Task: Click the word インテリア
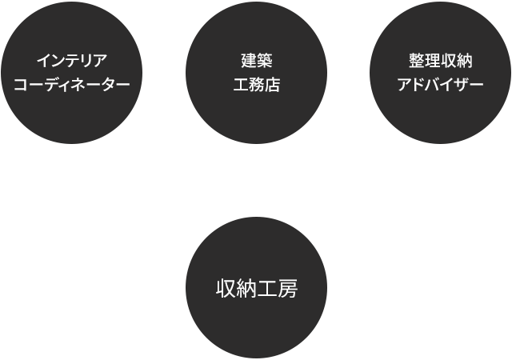(72, 61)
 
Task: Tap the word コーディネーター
(72, 85)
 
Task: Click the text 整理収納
(440, 61)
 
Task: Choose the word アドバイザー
(440, 85)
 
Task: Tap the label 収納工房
(256, 288)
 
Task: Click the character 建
(248, 61)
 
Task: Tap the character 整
(416, 61)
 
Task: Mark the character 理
(432, 61)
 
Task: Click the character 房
(288, 288)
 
